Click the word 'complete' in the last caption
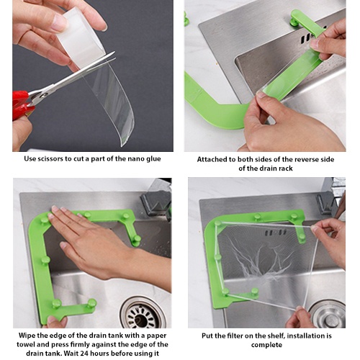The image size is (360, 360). point(266,345)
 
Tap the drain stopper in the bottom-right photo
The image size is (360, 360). point(329,315)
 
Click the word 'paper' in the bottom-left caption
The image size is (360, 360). point(156,336)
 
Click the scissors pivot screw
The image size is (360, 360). point(42,96)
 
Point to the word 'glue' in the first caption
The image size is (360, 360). point(152,159)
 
